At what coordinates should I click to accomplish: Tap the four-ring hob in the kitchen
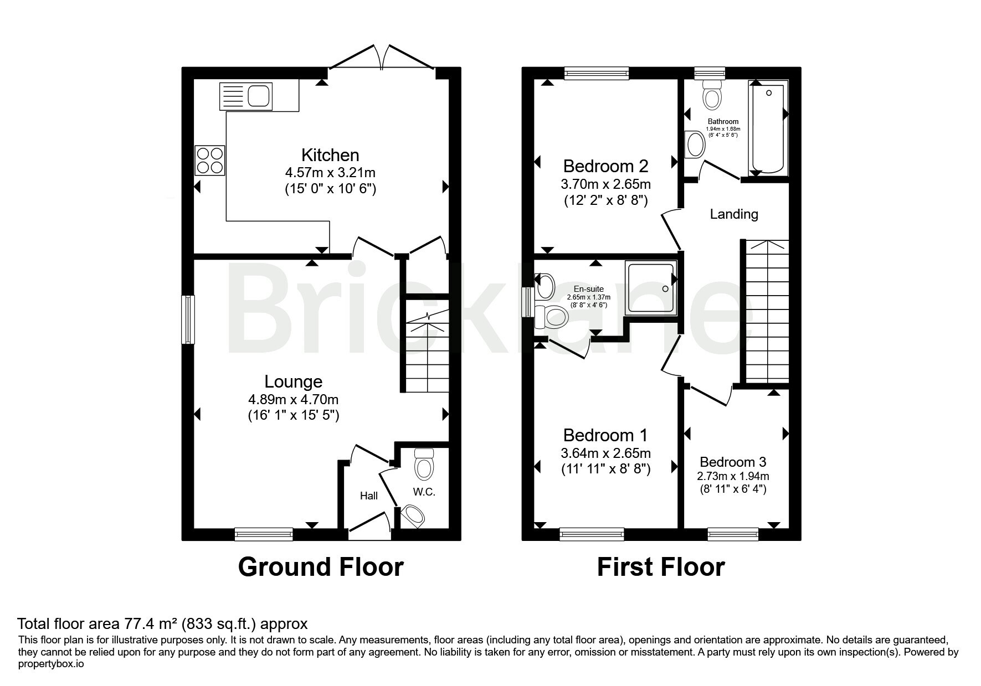pos(210,160)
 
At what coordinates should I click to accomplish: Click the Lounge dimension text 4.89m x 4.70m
pos(294,399)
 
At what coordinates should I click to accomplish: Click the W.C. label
pos(424,492)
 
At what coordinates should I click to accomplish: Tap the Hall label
pos(369,496)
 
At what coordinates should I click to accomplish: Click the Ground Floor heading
pos(321,567)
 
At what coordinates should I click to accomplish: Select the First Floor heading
pos(661,567)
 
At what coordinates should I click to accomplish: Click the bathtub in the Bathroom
pos(768,128)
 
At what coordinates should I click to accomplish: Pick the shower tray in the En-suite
pos(651,288)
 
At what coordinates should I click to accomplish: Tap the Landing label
pos(734,214)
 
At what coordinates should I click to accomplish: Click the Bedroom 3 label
pos(733,462)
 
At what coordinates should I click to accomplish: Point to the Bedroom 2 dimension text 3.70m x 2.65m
pos(605,184)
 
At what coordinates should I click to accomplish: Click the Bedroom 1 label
pos(605,435)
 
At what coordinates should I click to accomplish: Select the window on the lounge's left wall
pos(189,319)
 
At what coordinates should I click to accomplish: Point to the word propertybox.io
pos(51,664)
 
